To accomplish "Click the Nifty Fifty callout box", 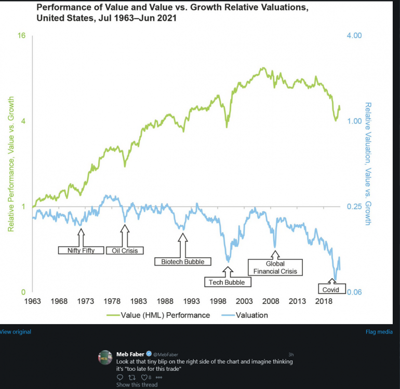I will tap(81, 251).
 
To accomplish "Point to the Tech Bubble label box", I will tap(227, 282).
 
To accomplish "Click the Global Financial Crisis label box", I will tap(275, 267).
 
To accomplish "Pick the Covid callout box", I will tap(331, 289).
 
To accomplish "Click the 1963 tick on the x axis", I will tap(32, 301).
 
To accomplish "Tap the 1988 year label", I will tap(165, 301).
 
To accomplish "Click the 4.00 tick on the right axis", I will tap(354, 36).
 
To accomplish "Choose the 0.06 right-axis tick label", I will tap(354, 293).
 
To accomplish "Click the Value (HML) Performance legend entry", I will tap(158, 315).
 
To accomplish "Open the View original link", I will tap(16, 332).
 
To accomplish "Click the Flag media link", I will tap(379, 332).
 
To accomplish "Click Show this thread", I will tap(137, 385).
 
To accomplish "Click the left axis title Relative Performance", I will tap(11, 163).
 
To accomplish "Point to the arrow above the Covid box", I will tap(332, 282).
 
